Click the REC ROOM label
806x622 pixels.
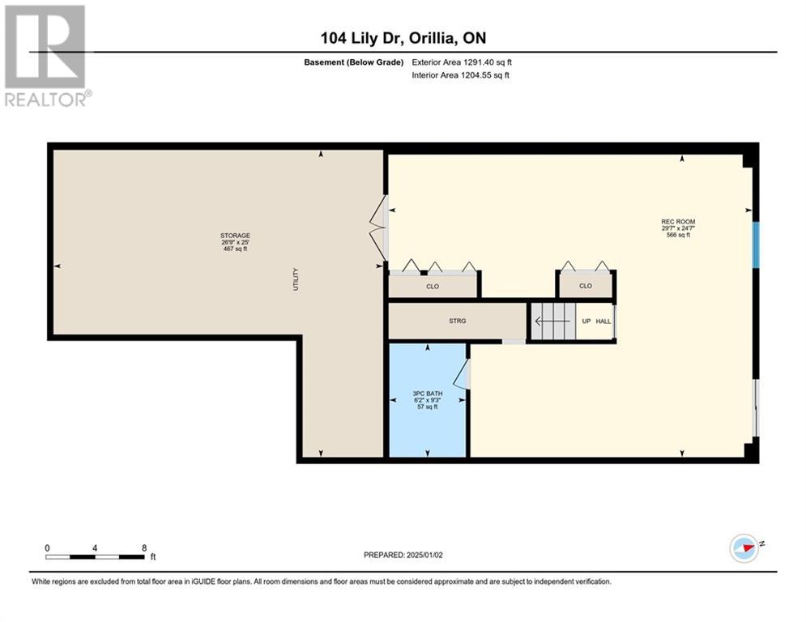coord(678,222)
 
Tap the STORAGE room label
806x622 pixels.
coord(236,236)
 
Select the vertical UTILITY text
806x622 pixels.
coord(296,279)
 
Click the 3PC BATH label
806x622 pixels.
coord(427,394)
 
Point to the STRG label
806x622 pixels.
coord(458,321)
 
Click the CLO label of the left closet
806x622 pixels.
coord(433,287)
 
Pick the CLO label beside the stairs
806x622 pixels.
coord(586,286)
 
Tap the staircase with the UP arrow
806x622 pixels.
coord(553,322)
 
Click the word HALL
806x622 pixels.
coord(603,322)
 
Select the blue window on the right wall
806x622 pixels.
coord(756,245)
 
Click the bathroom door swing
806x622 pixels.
coord(461,373)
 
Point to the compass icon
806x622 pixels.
coord(744,548)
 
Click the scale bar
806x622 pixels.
coord(95,556)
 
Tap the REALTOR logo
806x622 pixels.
coord(45,56)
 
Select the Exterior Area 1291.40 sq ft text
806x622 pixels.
coord(462,62)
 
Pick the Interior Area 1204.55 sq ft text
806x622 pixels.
coord(461,75)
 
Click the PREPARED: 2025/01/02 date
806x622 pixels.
coord(403,555)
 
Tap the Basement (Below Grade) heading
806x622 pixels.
coord(354,62)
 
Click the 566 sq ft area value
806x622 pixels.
coord(678,235)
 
